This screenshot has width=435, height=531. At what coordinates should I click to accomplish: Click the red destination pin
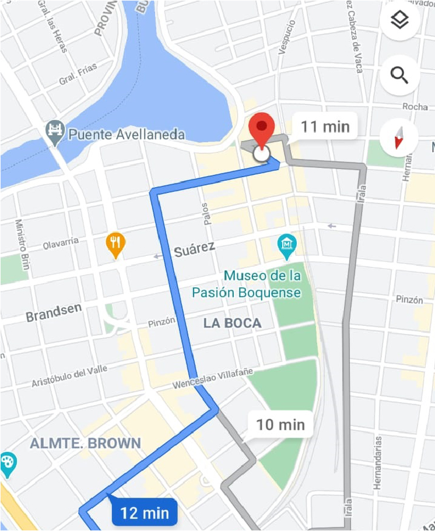click(x=262, y=128)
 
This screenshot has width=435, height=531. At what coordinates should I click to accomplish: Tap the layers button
click(x=399, y=22)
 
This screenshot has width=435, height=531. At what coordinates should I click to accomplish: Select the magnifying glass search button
click(x=399, y=75)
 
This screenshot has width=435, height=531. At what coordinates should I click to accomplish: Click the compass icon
click(x=399, y=138)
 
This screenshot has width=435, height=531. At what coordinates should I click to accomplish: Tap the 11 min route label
click(x=325, y=126)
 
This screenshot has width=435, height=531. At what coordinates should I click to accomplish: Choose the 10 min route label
click(x=280, y=424)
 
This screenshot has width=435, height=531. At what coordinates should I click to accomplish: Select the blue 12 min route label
click(x=144, y=513)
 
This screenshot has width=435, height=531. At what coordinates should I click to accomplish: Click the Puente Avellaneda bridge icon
click(x=55, y=133)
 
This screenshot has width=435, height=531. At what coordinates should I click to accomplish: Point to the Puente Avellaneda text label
click(x=127, y=135)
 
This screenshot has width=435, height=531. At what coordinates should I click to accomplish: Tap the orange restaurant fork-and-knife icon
click(x=115, y=244)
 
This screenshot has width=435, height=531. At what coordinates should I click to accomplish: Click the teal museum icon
click(x=287, y=247)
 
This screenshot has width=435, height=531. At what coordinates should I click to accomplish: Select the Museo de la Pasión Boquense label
click(x=263, y=284)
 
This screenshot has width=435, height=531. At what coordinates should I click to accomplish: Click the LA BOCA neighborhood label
click(x=232, y=323)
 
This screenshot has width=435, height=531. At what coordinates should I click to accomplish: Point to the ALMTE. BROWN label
click(x=85, y=443)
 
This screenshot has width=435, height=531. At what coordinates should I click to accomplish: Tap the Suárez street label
click(x=195, y=250)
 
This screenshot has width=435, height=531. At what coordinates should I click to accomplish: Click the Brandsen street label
click(x=53, y=312)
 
